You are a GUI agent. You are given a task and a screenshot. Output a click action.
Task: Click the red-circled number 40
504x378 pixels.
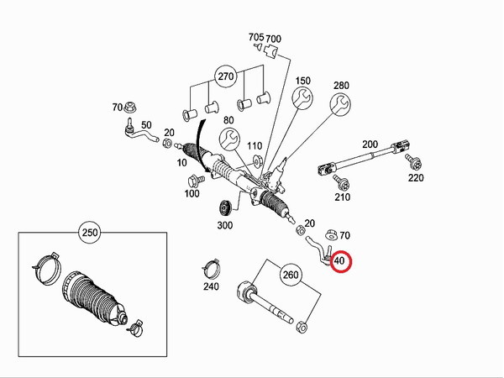340,262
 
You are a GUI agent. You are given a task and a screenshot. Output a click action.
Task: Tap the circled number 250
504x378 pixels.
88,231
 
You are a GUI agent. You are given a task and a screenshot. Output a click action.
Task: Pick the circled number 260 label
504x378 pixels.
291,274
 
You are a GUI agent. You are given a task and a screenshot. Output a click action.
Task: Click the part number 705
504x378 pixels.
256,38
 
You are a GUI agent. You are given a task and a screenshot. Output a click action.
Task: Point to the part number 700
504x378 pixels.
274,38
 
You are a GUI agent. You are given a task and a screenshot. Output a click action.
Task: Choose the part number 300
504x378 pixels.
224,226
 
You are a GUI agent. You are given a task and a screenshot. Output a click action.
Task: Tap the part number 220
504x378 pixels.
416,178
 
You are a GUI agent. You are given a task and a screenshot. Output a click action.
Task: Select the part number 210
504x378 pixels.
342,197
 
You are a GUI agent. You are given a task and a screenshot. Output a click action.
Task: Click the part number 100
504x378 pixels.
192,194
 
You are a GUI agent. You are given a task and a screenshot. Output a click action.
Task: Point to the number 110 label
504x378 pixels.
255,145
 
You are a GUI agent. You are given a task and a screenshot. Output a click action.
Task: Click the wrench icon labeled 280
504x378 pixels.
340,106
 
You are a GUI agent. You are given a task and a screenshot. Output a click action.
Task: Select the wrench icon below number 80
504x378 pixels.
228,139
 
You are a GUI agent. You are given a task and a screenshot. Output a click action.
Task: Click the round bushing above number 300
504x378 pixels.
224,208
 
